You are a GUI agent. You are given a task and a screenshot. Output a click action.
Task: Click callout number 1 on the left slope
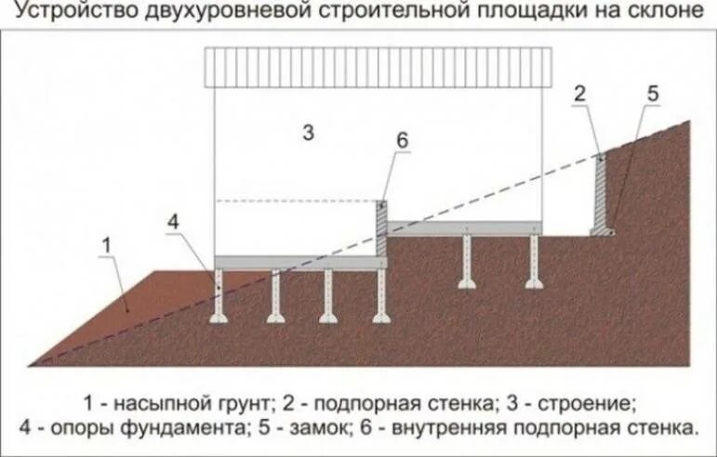click(x=106, y=244)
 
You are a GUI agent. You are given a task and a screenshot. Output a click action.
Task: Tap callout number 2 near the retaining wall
click(x=579, y=93)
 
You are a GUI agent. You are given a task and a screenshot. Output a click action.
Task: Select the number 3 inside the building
click(x=308, y=133)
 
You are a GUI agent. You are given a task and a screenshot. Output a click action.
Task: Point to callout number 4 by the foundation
click(x=175, y=222)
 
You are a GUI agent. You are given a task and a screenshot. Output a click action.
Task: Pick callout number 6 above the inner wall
click(x=401, y=140)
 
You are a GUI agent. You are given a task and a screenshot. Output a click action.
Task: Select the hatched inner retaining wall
click(x=381, y=228)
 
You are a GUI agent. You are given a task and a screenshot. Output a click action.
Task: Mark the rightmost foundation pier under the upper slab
click(x=533, y=259)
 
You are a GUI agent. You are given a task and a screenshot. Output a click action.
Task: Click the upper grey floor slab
click(x=463, y=228)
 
